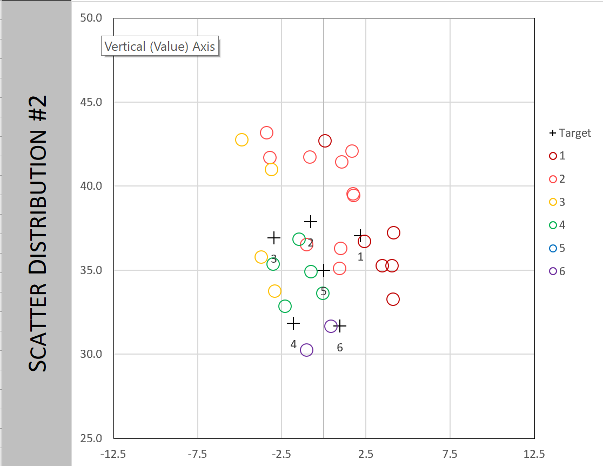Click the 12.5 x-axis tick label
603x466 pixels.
pyautogui.click(x=534, y=454)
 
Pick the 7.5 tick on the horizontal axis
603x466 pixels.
pyautogui.click(x=450, y=454)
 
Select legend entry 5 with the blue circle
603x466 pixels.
pyautogui.click(x=557, y=248)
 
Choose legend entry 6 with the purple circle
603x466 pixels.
pyautogui.click(x=557, y=271)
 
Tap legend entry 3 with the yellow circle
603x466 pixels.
pyautogui.click(x=557, y=202)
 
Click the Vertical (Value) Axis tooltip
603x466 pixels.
pyautogui.click(x=160, y=46)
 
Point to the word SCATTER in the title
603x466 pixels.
pyautogui.click(x=38, y=335)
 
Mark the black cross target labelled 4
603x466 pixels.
pyautogui.click(x=293, y=324)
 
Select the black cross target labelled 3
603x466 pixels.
pyautogui.click(x=274, y=237)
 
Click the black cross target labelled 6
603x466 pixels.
pyautogui.click(x=340, y=326)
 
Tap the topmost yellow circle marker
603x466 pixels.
pyautogui.click(x=242, y=140)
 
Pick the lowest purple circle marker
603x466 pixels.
pyautogui.click(x=306, y=350)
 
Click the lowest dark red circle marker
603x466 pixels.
pyautogui.click(x=393, y=299)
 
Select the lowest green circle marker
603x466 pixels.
pyautogui.click(x=285, y=307)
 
